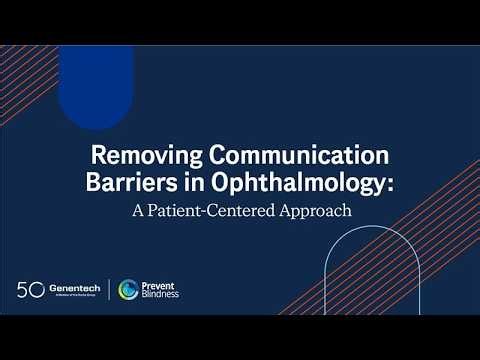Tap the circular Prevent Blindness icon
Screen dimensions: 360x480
[x=128, y=290]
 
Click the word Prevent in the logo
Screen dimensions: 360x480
[x=159, y=285]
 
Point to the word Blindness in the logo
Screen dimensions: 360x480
[x=162, y=295]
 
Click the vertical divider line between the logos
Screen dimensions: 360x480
[x=109, y=290]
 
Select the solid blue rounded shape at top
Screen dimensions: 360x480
[x=96, y=85]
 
